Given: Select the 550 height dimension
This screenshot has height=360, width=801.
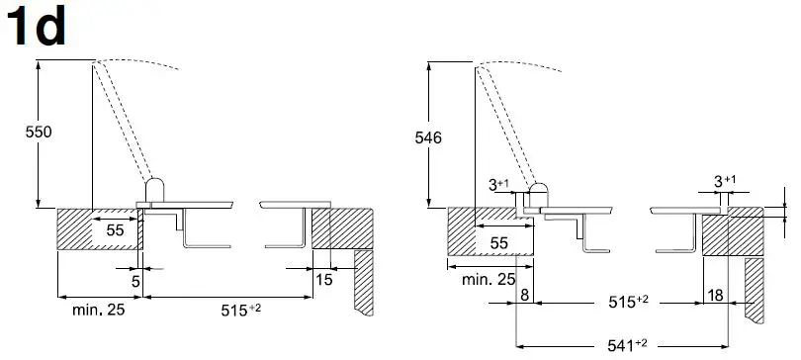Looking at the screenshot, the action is coord(39,133).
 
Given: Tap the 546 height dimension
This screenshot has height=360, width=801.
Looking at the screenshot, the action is coord(428,137).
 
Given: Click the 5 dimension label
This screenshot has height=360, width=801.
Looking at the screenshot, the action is coord(135,281).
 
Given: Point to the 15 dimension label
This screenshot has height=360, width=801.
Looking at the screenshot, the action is coord(324,280).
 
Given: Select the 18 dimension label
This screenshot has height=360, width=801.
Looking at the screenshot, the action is coord(716,295).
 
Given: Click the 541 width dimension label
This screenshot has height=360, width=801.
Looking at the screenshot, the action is coord(627,345).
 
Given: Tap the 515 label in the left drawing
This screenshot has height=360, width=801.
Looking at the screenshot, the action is coord(241,310).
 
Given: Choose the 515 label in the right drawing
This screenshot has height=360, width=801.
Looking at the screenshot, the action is coord(628,302).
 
